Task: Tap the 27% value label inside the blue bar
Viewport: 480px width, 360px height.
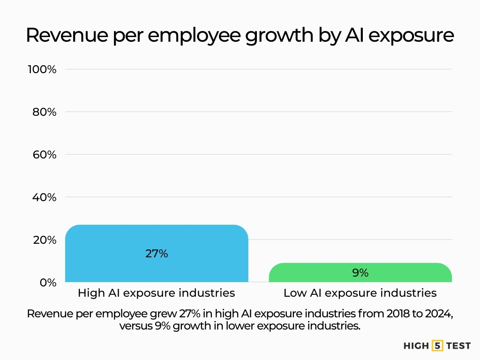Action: coord(156,254)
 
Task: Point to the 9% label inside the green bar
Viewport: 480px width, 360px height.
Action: coord(360,272)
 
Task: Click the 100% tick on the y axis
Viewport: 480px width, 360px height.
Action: coord(42,69)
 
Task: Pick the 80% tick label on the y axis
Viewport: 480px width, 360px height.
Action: coord(44,112)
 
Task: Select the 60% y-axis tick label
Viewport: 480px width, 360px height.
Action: coord(44,155)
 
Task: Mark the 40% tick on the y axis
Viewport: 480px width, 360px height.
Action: coord(44,197)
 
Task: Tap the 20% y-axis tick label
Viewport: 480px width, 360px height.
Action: coord(44,240)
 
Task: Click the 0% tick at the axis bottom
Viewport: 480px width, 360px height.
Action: coord(47,283)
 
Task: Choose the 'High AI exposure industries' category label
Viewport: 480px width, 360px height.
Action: coord(156,293)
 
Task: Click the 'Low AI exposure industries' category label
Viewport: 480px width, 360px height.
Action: coord(360,293)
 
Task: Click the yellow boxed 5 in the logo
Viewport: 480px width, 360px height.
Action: coord(438,346)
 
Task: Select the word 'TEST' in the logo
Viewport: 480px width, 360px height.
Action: coord(458,346)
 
